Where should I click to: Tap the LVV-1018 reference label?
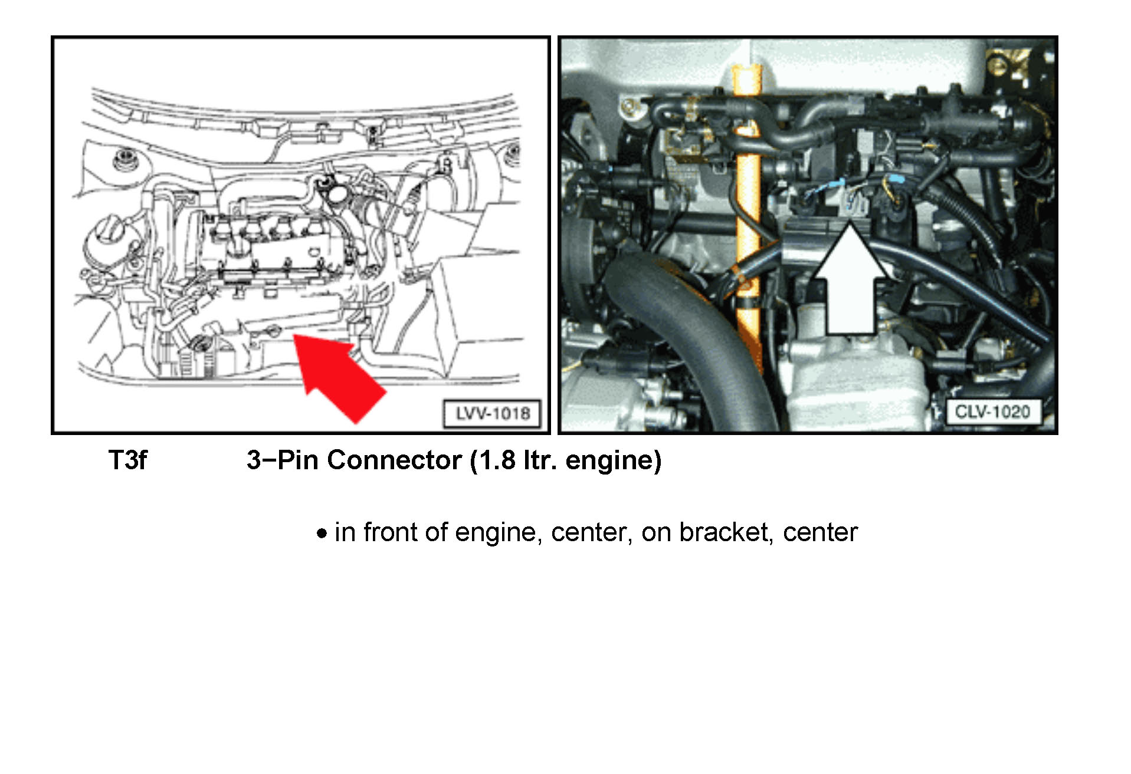[492, 413]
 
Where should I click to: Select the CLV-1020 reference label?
[992, 411]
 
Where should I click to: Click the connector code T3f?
[127, 460]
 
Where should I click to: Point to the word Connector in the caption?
[394, 460]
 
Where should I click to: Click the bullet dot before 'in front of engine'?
[322, 534]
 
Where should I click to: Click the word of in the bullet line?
[436, 532]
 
